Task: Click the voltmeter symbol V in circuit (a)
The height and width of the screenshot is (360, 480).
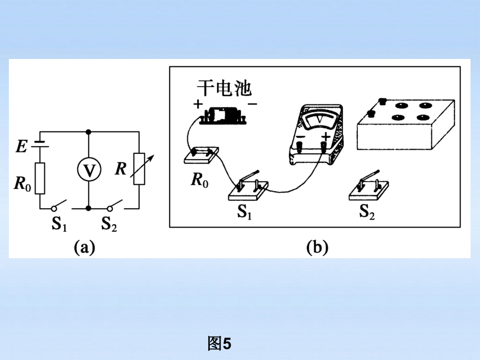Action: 89,170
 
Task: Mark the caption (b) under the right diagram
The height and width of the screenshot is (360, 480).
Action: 316,247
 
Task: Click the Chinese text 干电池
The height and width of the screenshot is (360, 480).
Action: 224,87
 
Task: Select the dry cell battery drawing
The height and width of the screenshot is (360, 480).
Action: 225,116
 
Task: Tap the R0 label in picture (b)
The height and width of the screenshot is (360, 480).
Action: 199,181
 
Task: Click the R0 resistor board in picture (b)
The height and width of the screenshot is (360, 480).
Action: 201,155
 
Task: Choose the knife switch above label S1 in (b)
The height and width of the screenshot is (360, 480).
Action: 248,188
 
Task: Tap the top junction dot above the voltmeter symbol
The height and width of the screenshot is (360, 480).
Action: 89,131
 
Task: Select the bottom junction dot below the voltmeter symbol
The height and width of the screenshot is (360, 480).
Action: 89,208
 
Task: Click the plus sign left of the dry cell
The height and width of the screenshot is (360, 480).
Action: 198,104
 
